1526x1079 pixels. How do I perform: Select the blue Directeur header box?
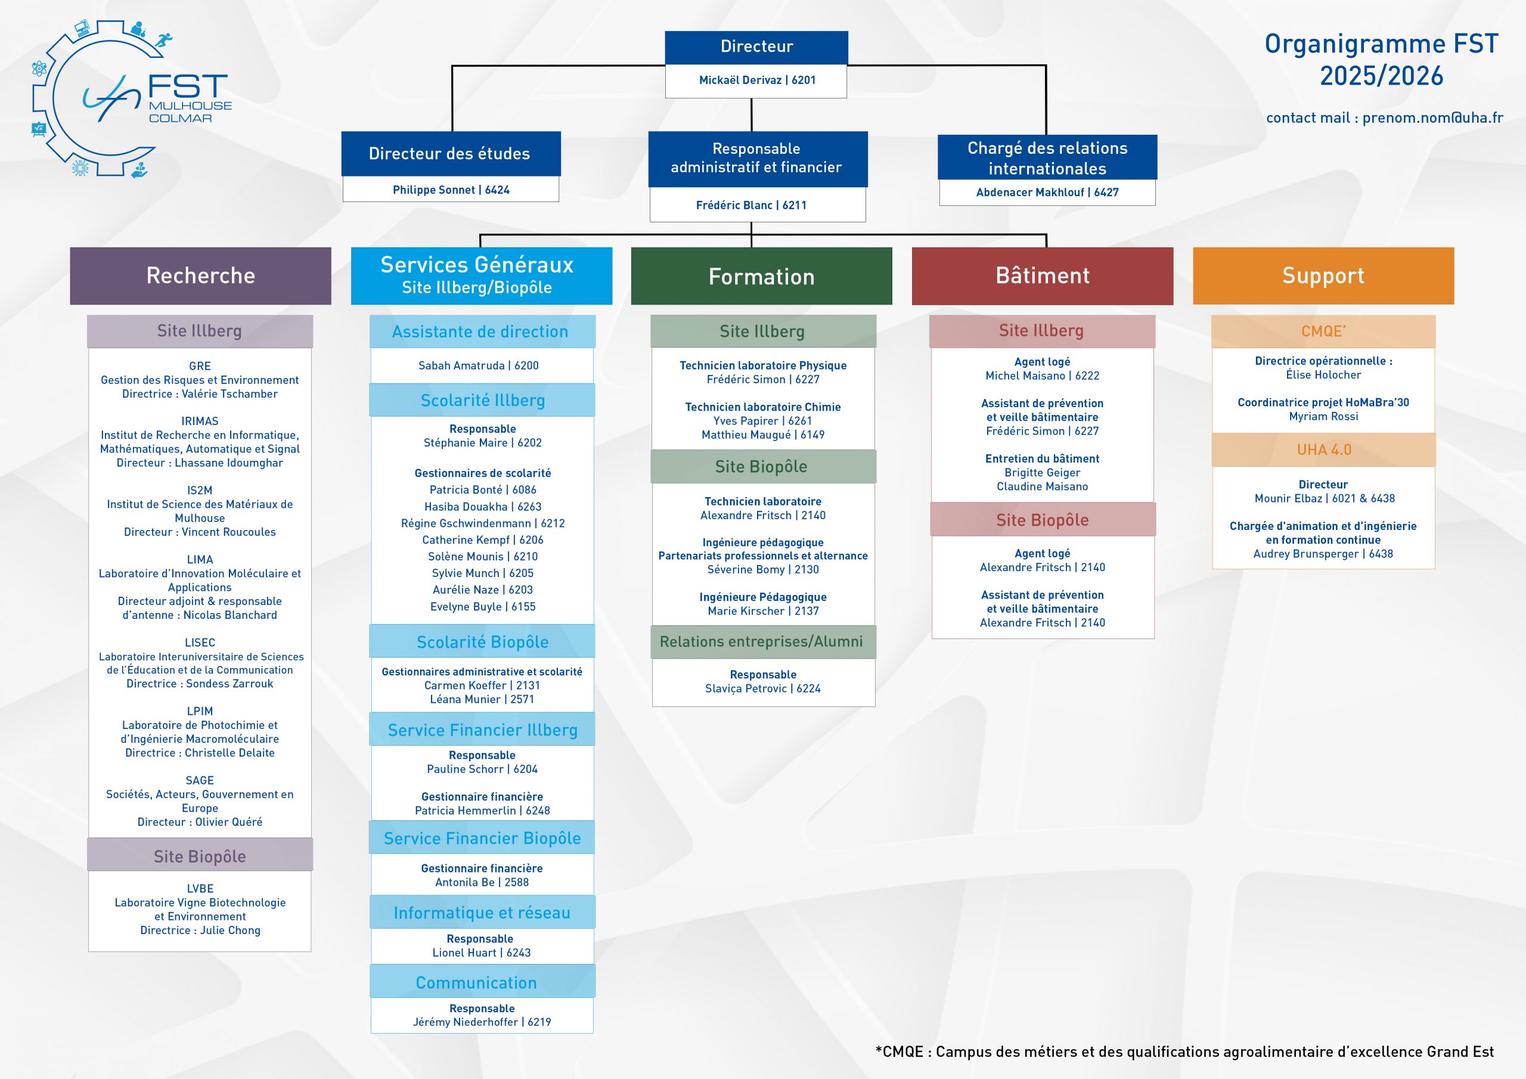(756, 46)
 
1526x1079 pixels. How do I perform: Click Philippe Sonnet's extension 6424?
(497, 190)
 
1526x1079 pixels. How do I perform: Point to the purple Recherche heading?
(200, 276)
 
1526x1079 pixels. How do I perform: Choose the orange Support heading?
(1323, 276)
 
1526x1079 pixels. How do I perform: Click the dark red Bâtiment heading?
(1042, 276)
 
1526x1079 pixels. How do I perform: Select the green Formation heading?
(761, 277)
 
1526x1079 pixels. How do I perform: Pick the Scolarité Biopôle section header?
(482, 642)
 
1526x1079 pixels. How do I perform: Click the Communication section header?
(476, 982)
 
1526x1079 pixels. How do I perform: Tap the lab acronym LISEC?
(200, 643)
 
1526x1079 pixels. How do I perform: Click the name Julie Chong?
(230, 931)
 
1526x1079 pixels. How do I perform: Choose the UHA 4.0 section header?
(1323, 450)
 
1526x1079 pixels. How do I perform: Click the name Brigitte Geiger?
(1042, 473)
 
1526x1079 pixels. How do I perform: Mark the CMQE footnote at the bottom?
(1184, 1052)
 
